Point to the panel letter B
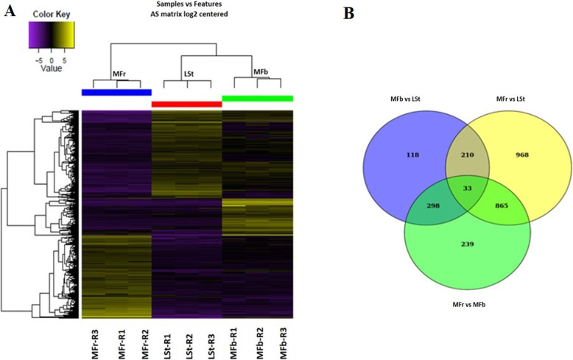368,13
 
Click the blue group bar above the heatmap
116,92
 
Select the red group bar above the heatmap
186,104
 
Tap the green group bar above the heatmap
257,98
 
